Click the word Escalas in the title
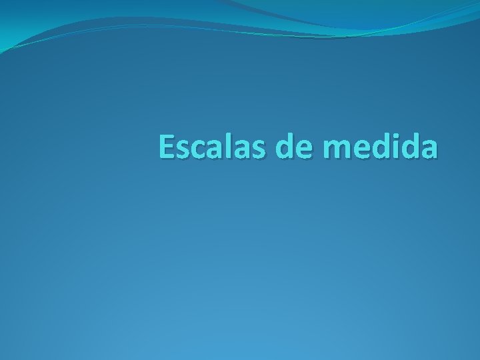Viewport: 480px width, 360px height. click(x=213, y=147)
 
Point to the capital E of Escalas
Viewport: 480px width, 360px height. click(x=167, y=147)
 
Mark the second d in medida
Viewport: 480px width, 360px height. click(x=409, y=147)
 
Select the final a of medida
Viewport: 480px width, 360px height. click(x=429, y=151)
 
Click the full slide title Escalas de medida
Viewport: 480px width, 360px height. click(x=299, y=147)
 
